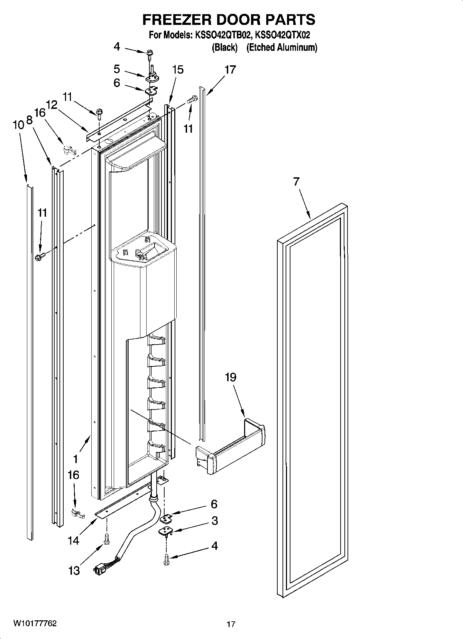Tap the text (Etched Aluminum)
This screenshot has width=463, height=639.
(281, 47)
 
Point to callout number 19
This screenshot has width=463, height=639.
(231, 377)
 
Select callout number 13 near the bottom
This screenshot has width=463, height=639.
(74, 571)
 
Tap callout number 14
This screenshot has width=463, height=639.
(73, 541)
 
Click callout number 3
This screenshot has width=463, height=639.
(215, 520)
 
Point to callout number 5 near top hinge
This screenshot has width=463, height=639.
(117, 69)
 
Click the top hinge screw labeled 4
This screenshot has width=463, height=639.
(150, 53)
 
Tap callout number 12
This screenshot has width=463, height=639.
(52, 104)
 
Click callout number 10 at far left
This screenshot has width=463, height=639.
(18, 125)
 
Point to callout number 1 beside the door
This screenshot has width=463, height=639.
(75, 459)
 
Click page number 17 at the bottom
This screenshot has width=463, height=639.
(231, 624)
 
